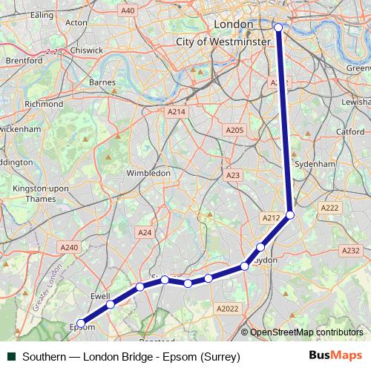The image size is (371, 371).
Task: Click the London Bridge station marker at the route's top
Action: (x=279, y=27)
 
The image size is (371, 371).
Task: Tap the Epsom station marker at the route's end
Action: (x=81, y=323)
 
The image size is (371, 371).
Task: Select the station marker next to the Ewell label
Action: (x=110, y=304)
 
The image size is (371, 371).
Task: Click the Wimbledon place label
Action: (x=148, y=173)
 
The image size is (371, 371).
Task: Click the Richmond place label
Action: (x=44, y=105)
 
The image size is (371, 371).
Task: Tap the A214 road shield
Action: (x=176, y=111)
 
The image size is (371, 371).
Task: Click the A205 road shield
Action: (x=234, y=130)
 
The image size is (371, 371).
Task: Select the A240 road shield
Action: (x=69, y=247)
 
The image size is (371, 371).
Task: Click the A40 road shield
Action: (x=128, y=10)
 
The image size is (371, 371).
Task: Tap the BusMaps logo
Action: (x=335, y=357)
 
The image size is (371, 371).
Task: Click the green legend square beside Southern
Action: (x=11, y=357)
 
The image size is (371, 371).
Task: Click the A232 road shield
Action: (x=352, y=251)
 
